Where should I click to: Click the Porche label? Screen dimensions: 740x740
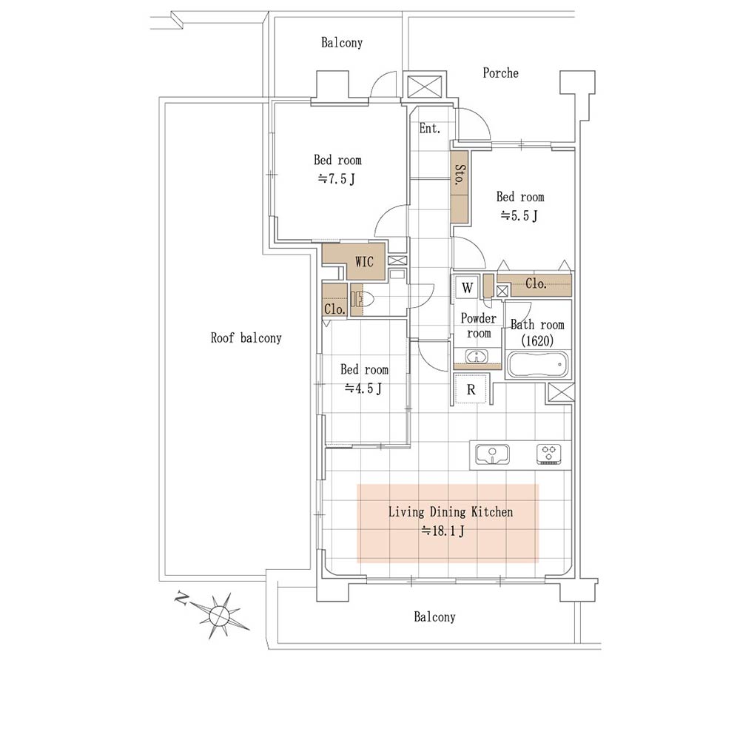[500, 73]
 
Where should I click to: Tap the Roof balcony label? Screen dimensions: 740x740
[246, 338]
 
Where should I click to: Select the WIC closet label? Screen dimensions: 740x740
[364, 261]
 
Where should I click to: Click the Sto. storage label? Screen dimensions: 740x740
[460, 174]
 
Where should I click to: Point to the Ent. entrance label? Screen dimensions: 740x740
[429, 128]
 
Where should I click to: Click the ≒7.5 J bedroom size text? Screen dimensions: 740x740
[337, 179]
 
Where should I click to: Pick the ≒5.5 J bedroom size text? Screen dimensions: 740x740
[519, 216]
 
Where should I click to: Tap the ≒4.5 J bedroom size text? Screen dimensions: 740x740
[363, 388]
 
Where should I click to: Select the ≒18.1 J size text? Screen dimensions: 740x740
[443, 531]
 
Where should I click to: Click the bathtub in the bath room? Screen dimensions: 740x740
[537, 364]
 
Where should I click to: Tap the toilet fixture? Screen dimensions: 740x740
[362, 299]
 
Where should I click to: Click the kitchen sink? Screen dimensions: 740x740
[492, 454]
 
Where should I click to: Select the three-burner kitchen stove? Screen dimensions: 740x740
[548, 454]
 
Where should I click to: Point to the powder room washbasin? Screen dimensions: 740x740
[477, 357]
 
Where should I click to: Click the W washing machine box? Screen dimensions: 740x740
[467, 287]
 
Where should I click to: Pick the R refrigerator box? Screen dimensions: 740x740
[471, 389]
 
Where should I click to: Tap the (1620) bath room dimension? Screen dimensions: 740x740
[537, 340]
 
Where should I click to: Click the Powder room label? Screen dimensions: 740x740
[479, 326]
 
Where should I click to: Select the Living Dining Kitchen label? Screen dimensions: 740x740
[450, 512]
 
